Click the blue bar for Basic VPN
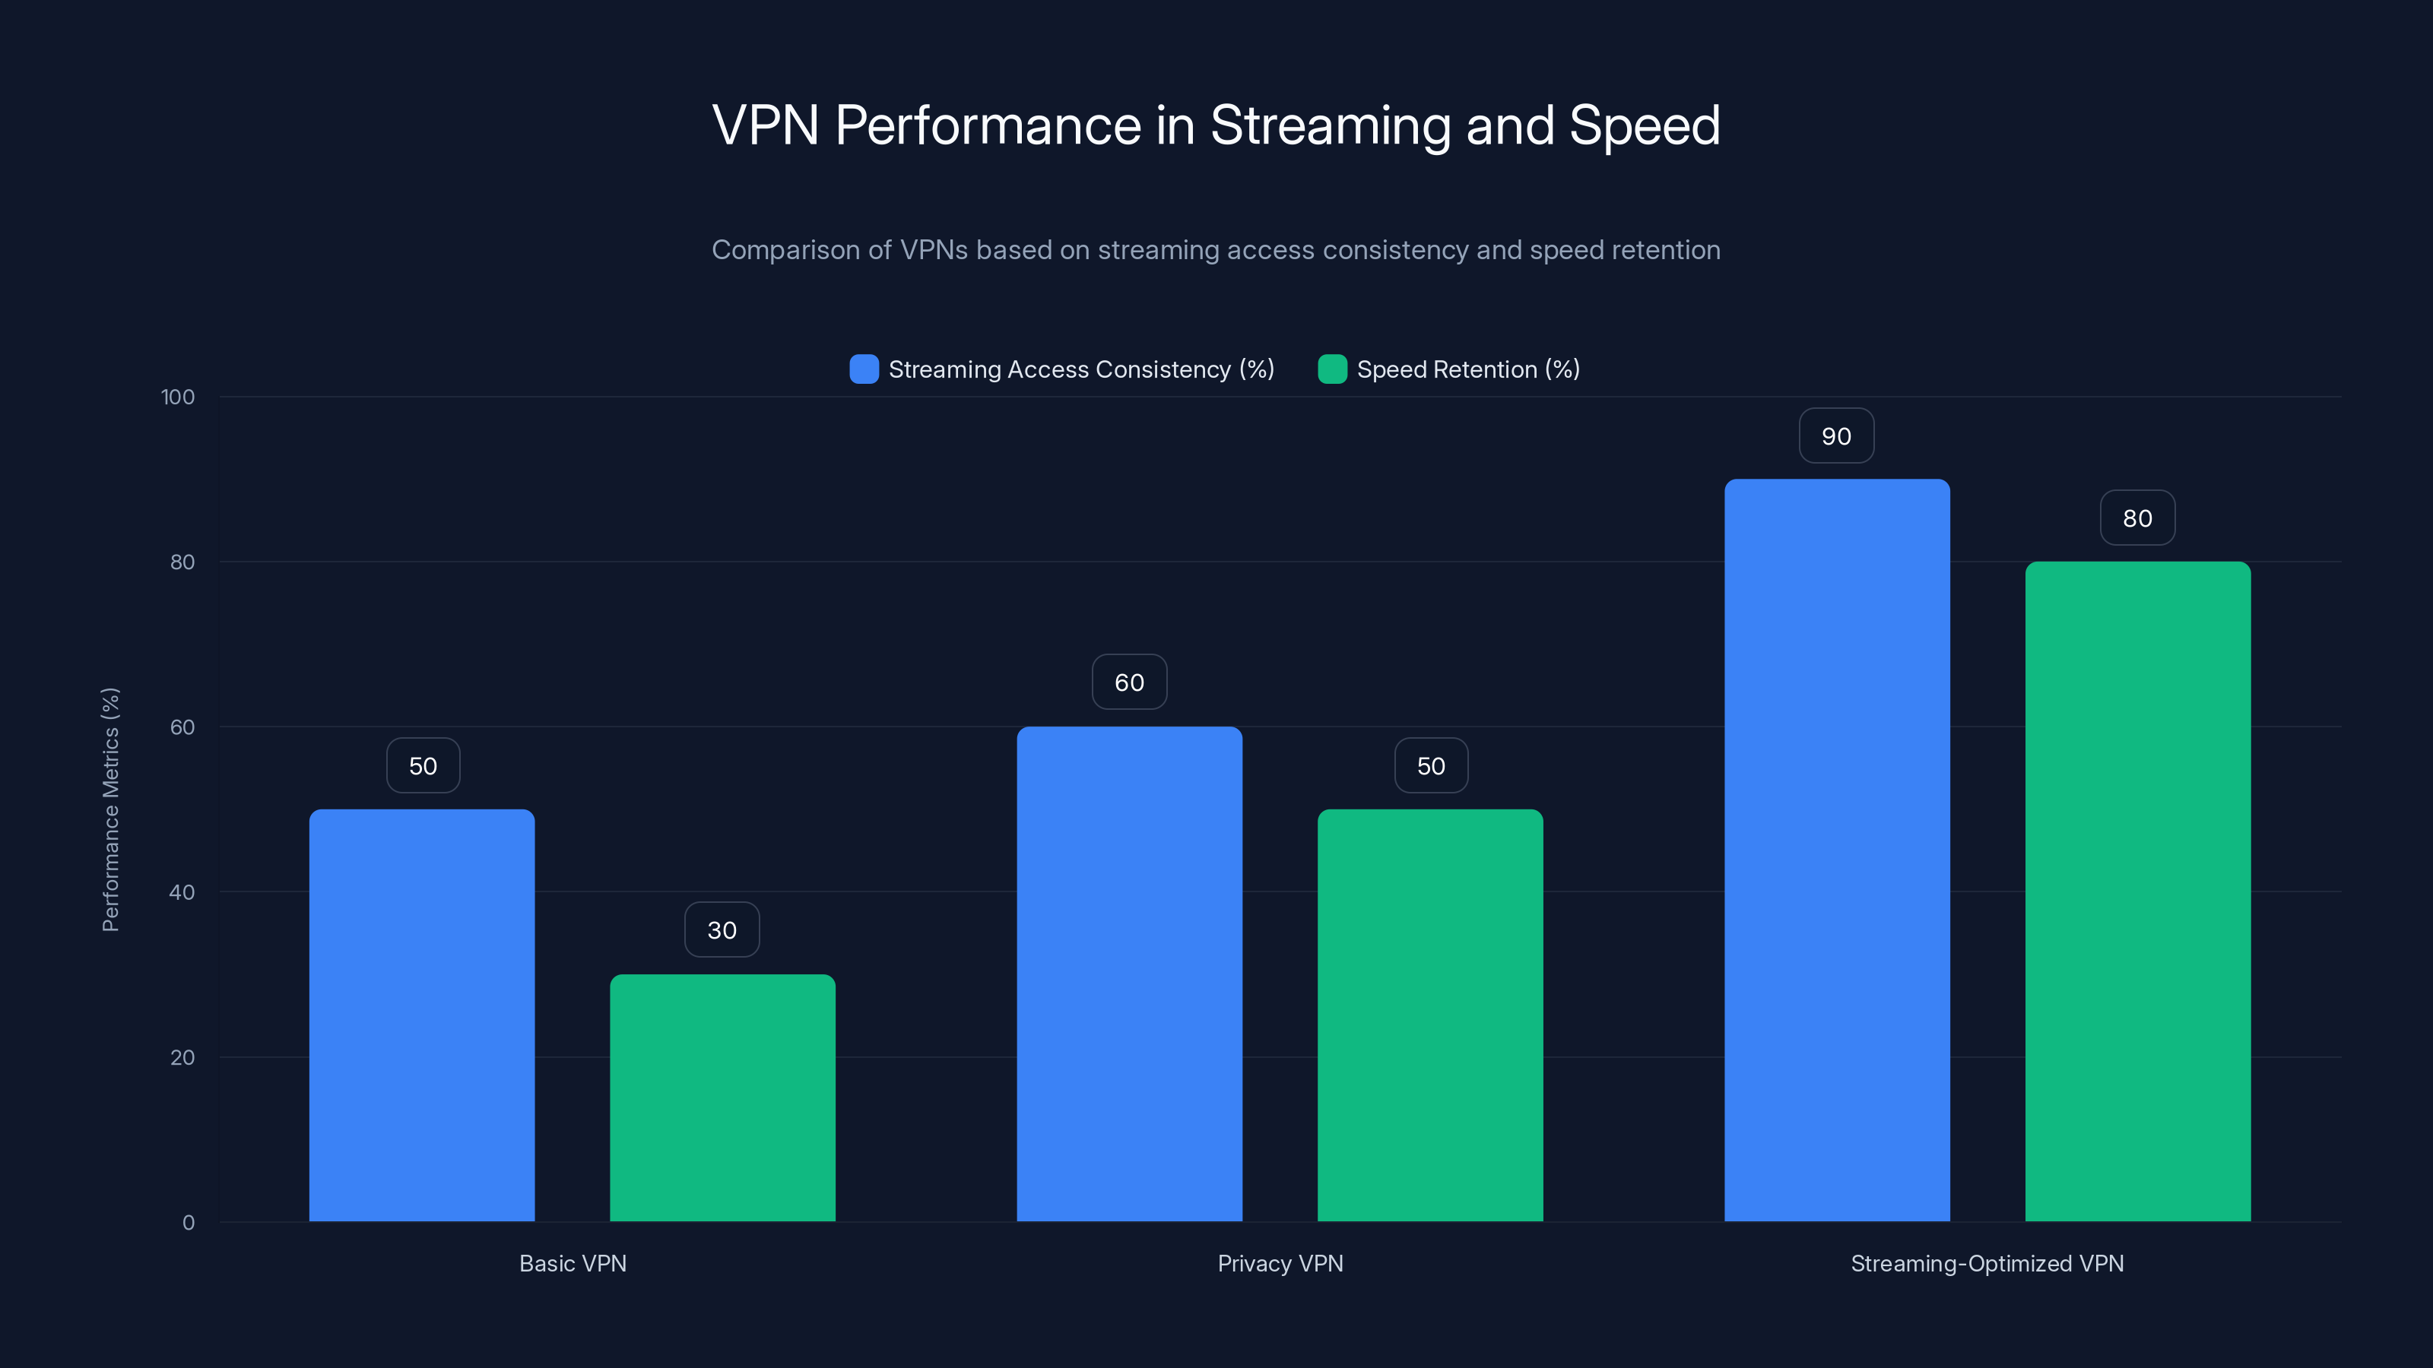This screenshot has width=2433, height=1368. (421, 1015)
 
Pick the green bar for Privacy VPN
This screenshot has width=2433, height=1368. (1430, 1015)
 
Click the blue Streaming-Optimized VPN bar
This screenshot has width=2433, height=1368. (1836, 850)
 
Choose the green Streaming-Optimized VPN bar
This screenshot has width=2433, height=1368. (2137, 891)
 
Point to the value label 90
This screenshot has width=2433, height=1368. (1836, 436)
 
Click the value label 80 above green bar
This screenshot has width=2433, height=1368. (2137, 518)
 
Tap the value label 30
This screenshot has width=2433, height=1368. (722, 930)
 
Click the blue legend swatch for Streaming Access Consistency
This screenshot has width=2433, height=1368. (863, 369)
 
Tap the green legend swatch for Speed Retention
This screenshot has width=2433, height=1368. (1332, 369)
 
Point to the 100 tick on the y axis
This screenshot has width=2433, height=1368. (178, 397)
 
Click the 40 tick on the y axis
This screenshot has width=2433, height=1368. (182, 892)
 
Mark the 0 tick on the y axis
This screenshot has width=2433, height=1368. (188, 1223)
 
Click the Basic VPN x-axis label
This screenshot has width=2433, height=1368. (573, 1263)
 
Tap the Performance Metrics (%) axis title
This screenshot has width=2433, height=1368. (110, 809)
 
